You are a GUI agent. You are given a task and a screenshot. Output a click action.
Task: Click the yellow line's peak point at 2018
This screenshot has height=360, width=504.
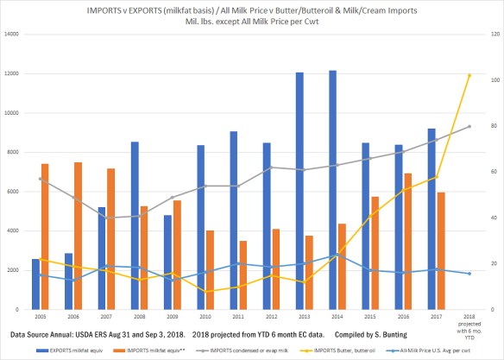(x=469, y=76)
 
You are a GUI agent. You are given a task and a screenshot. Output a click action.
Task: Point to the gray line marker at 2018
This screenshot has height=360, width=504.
(x=469, y=127)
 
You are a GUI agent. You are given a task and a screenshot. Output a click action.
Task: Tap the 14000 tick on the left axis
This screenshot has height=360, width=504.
(x=16, y=35)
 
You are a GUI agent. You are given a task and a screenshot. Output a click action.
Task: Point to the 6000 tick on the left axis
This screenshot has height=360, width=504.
(x=18, y=192)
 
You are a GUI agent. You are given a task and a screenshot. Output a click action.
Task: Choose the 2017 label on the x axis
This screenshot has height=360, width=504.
(x=436, y=317)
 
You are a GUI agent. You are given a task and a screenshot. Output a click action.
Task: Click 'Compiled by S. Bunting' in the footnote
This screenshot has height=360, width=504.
(x=366, y=332)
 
